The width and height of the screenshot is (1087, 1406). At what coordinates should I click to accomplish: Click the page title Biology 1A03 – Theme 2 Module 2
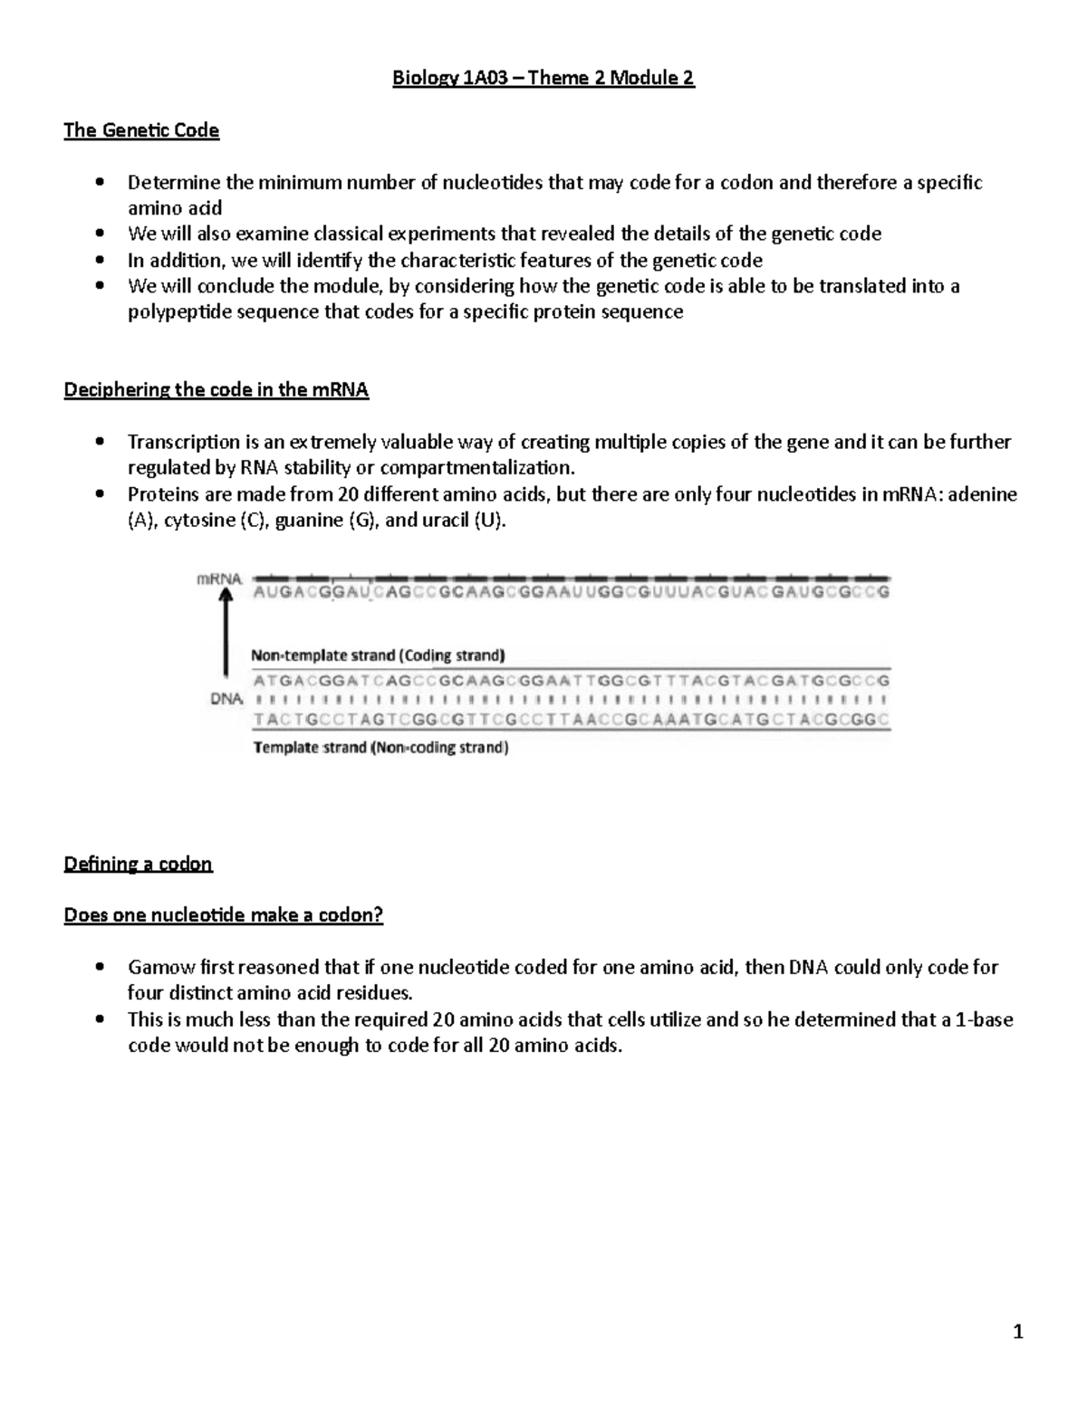pyautogui.click(x=543, y=78)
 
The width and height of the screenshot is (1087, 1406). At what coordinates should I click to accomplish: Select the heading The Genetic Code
pyautogui.click(x=141, y=130)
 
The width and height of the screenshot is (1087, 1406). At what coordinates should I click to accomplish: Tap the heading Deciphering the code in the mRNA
pyautogui.click(x=216, y=390)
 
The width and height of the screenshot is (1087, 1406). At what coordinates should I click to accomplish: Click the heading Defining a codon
pyautogui.click(x=138, y=864)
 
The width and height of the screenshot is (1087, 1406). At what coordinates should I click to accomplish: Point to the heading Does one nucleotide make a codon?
pyautogui.click(x=223, y=915)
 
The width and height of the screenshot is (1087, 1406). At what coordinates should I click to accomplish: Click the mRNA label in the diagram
pyautogui.click(x=219, y=579)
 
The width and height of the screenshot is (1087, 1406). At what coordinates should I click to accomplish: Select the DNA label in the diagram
pyautogui.click(x=226, y=699)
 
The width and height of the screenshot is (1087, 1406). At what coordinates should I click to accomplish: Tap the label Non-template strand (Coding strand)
pyautogui.click(x=378, y=655)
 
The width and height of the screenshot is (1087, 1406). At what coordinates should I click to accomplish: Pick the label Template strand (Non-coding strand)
pyautogui.click(x=380, y=748)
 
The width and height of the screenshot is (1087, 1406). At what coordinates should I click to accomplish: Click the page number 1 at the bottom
pyautogui.click(x=1018, y=1331)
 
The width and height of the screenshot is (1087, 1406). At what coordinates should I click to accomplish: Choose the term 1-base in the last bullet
pyautogui.click(x=977, y=1019)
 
